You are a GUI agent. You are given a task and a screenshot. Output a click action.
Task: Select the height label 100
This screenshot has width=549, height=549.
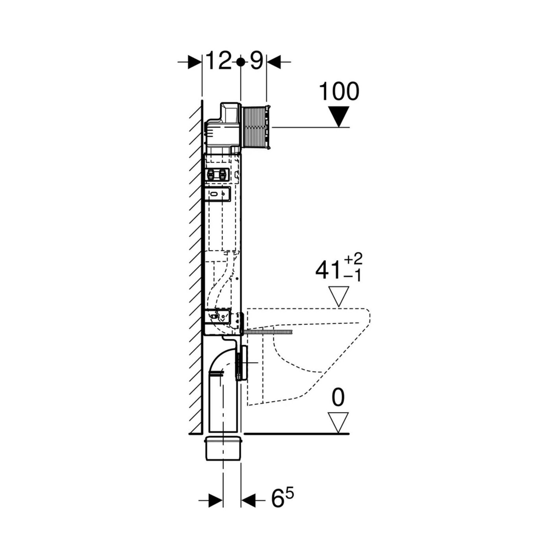click(339, 92)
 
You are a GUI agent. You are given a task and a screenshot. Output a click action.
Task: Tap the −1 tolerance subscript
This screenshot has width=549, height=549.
click(353, 276)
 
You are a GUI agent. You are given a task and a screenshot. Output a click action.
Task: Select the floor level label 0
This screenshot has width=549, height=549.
click(338, 398)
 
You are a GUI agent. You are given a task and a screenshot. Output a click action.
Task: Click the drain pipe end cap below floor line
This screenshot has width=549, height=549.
click(224, 448)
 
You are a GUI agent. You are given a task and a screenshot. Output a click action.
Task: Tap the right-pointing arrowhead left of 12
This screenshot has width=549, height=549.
click(195, 62)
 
